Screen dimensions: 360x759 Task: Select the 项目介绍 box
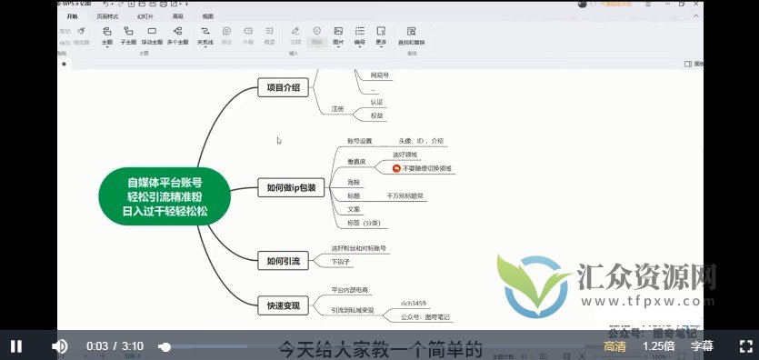(x=284, y=88)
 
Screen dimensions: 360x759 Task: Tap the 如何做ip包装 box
(x=291, y=188)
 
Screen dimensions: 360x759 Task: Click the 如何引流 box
(x=283, y=261)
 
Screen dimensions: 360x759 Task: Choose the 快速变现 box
(x=283, y=305)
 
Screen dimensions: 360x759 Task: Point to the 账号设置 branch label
(x=360, y=142)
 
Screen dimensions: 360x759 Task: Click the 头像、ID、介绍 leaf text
(x=422, y=142)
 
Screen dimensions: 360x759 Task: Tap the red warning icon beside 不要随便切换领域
(x=396, y=168)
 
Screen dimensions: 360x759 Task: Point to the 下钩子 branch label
(x=340, y=262)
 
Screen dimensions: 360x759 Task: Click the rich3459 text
(x=414, y=303)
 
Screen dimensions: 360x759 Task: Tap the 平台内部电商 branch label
(x=350, y=290)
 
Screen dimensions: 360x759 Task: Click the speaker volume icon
(x=60, y=346)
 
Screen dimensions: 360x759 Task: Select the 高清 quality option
(x=614, y=346)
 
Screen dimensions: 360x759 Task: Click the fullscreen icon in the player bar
(x=745, y=346)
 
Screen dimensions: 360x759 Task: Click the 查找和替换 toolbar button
(x=412, y=36)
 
